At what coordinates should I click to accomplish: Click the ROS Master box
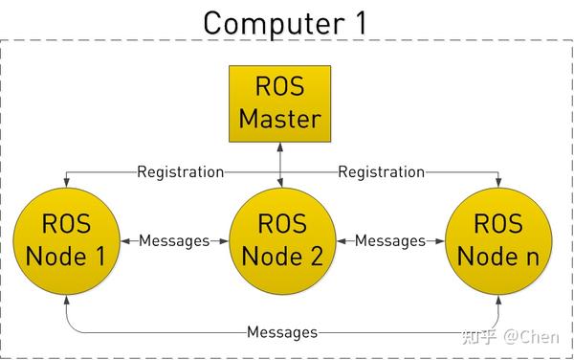[279, 103]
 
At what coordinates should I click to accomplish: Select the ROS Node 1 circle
[66, 240]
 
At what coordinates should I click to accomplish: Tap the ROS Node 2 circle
[283, 240]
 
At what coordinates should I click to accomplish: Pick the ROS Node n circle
[498, 240]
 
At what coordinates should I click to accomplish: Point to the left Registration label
[180, 172]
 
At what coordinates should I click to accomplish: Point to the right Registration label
[381, 172]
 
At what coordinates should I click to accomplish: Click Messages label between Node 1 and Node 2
[174, 241]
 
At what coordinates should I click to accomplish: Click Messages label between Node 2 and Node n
[390, 241]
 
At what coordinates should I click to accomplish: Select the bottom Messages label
[282, 332]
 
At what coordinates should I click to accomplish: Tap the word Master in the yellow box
[279, 120]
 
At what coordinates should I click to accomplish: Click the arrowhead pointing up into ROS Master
[279, 146]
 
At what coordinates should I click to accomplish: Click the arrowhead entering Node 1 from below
[66, 299]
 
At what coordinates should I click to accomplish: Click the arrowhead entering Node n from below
[498, 299]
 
